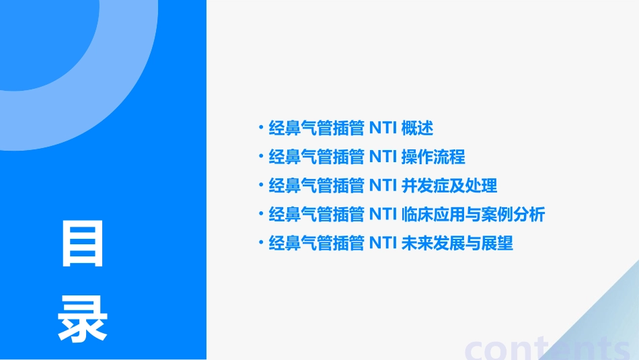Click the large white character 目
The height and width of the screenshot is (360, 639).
pyautogui.click(x=83, y=244)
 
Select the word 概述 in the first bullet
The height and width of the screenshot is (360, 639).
pyautogui.click(x=417, y=128)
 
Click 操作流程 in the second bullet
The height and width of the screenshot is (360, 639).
pyautogui.click(x=433, y=157)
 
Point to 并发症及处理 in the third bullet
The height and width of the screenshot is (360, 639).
pyautogui.click(x=449, y=186)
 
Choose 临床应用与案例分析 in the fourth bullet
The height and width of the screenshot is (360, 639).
pyautogui.click(x=473, y=215)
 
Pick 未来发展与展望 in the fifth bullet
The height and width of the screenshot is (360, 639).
pyautogui.click(x=457, y=244)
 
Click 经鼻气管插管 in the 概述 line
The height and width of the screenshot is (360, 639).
pyautogui.click(x=317, y=128)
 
